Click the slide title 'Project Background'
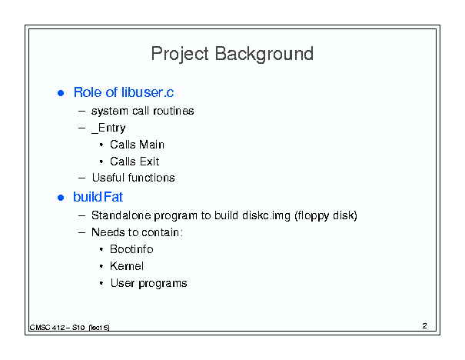(232, 54)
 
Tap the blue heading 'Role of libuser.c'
(124, 92)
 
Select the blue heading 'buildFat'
(98, 197)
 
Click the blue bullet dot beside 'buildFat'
(61, 198)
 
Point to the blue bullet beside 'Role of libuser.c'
(61, 93)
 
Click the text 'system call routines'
(143, 111)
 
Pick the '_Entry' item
(108, 128)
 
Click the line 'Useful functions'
(134, 178)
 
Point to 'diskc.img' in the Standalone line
(266, 215)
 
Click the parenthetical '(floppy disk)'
(326, 215)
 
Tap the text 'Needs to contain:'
(137, 232)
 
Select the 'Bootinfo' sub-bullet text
(131, 249)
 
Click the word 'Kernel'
(127, 266)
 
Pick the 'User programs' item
(148, 283)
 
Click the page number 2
(425, 326)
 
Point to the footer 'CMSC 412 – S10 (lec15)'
(69, 328)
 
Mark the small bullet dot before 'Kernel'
(101, 266)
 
